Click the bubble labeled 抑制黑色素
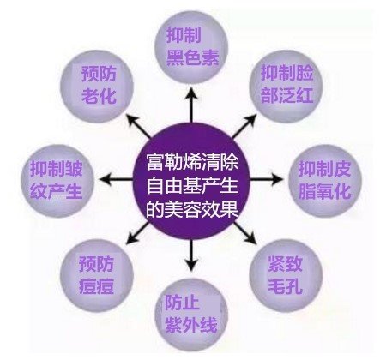click(191, 47)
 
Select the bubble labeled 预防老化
click(97, 87)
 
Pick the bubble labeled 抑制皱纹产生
click(57, 181)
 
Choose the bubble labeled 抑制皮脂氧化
click(325, 181)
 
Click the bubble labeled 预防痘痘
click(97, 276)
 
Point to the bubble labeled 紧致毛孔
click(286, 276)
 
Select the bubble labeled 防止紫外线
click(191, 315)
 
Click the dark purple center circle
click(191, 181)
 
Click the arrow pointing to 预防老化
click(139, 126)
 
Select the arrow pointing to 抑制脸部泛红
click(244, 126)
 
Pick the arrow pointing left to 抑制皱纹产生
click(116, 180)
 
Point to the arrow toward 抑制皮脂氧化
click(267, 180)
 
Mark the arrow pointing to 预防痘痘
click(138, 234)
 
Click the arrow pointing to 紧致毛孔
click(245, 234)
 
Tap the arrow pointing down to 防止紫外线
click(191, 255)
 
